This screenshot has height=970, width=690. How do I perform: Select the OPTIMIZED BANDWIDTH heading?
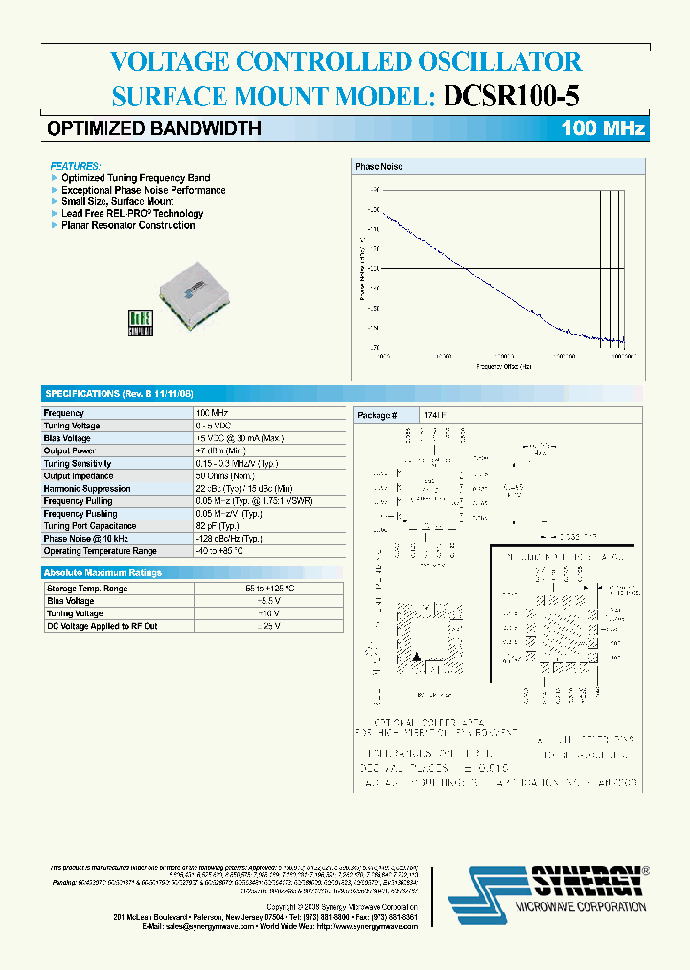point(154,128)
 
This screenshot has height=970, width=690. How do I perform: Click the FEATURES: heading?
point(75,166)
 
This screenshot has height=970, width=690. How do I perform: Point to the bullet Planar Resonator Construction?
point(127,225)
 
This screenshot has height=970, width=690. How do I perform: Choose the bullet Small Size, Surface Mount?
point(117,201)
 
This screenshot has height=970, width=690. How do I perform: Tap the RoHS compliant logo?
point(141,322)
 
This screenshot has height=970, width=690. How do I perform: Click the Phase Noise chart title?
point(379,167)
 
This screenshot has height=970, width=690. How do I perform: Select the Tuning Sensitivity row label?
point(78,463)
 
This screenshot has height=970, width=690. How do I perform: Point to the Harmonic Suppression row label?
point(87,488)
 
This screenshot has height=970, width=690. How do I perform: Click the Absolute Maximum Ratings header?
point(103,572)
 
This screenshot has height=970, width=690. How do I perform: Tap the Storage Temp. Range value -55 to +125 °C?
point(268,588)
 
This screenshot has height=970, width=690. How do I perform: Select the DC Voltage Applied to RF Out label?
point(102,625)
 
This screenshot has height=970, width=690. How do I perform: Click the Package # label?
point(375,415)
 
